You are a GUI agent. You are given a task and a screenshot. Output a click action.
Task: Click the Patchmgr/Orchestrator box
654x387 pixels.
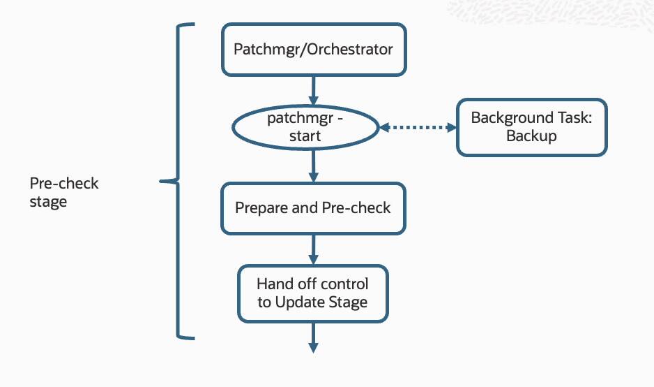pyautogui.click(x=313, y=50)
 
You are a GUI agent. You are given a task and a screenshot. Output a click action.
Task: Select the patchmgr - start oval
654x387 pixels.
pyautogui.click(x=305, y=127)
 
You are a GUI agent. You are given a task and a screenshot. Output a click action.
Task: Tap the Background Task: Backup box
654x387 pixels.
pyautogui.click(x=531, y=127)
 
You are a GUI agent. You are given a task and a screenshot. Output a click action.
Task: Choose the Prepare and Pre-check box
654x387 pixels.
pyautogui.click(x=313, y=208)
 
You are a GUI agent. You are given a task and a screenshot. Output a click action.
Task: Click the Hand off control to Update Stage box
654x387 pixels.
pyautogui.click(x=312, y=293)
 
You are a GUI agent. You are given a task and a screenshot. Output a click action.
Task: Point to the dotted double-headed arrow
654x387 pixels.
pyautogui.click(x=417, y=128)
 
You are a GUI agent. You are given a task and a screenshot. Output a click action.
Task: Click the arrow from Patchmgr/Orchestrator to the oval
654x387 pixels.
pyautogui.click(x=313, y=89)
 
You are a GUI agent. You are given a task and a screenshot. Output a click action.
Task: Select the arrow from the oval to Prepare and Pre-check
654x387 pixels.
pyautogui.click(x=313, y=166)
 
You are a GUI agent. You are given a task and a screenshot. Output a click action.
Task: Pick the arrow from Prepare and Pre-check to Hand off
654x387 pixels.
pyautogui.click(x=313, y=248)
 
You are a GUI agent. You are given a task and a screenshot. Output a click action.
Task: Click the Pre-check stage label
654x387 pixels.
pyautogui.click(x=63, y=192)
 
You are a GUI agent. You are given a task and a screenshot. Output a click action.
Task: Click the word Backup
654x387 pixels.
pyautogui.click(x=531, y=136)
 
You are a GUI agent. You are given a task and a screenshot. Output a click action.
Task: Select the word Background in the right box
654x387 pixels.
pyautogui.click(x=503, y=118)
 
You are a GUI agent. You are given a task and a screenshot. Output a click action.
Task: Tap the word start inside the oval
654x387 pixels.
pyautogui.click(x=305, y=136)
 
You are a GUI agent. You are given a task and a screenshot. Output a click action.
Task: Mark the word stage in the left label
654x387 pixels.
pyautogui.click(x=48, y=202)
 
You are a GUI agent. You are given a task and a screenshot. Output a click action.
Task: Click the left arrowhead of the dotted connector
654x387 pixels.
pyautogui.click(x=383, y=128)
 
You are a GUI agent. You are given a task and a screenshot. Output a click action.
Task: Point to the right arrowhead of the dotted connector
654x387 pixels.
pyautogui.click(x=450, y=128)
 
